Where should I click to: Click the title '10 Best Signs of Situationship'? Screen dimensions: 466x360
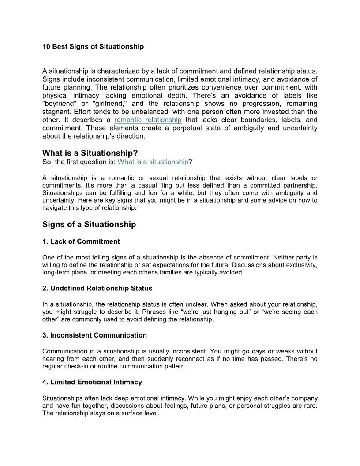point(93,46)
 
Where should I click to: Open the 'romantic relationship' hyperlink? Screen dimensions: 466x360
point(148,120)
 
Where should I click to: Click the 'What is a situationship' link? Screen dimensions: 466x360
point(153,162)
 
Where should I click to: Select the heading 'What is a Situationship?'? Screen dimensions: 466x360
point(90,153)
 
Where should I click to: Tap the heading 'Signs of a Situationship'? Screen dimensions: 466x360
point(89,224)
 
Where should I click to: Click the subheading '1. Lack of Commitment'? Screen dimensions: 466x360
point(81,241)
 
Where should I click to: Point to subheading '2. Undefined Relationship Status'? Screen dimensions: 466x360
point(97,288)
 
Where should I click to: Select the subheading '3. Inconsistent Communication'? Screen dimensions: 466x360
point(95,335)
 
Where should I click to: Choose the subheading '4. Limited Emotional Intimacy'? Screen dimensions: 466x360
point(92,382)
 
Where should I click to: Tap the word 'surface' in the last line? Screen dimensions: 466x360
point(124,413)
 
